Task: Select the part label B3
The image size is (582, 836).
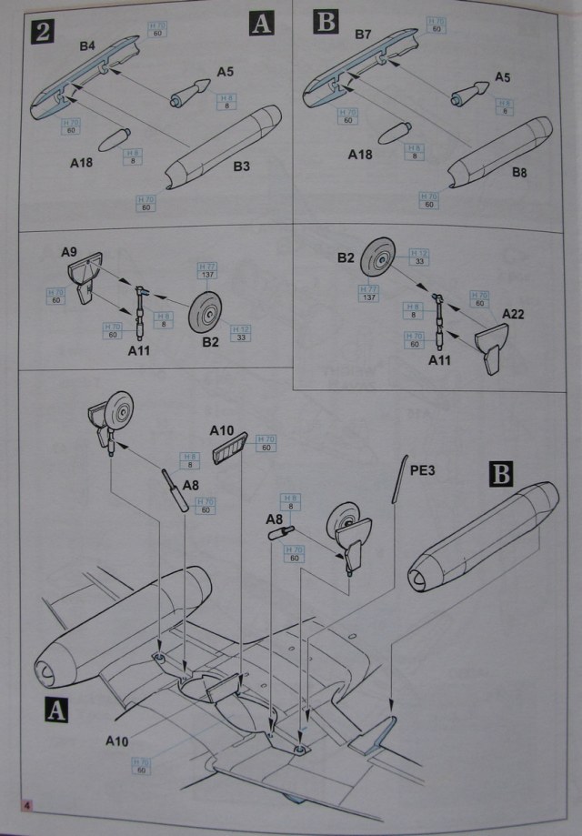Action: [242, 166]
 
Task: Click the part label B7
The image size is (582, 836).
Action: [363, 35]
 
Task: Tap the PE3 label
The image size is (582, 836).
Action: [423, 471]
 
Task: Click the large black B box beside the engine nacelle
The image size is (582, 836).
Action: [502, 476]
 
